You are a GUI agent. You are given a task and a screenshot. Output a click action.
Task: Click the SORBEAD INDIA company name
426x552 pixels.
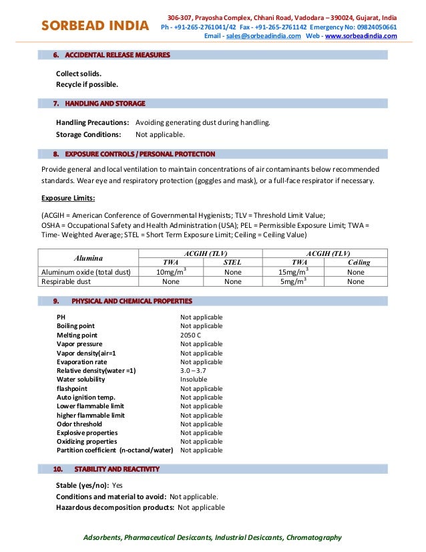(x=95, y=26)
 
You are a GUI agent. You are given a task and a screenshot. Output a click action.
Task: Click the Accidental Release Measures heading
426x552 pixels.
(x=117, y=55)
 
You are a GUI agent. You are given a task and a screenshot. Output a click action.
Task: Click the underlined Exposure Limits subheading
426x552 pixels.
(x=67, y=198)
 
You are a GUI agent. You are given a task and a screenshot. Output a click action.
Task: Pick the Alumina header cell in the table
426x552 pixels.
(x=88, y=257)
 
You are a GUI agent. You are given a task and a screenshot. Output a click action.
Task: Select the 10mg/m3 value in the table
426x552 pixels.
(x=170, y=272)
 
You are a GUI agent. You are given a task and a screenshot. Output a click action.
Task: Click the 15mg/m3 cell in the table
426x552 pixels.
(x=292, y=272)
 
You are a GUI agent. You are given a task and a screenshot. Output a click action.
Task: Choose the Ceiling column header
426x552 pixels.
(x=359, y=263)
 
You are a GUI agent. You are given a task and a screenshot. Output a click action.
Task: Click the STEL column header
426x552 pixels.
(x=232, y=263)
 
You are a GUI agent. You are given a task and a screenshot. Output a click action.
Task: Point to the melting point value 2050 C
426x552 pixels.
(x=191, y=335)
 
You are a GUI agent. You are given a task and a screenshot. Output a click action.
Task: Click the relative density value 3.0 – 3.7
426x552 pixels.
(x=193, y=370)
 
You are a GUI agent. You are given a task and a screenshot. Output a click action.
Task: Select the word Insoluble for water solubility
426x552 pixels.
(x=194, y=380)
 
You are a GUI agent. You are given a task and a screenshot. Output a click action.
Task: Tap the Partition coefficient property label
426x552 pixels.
(x=114, y=450)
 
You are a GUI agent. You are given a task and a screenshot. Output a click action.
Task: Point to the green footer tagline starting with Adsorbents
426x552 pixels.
(x=213, y=537)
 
